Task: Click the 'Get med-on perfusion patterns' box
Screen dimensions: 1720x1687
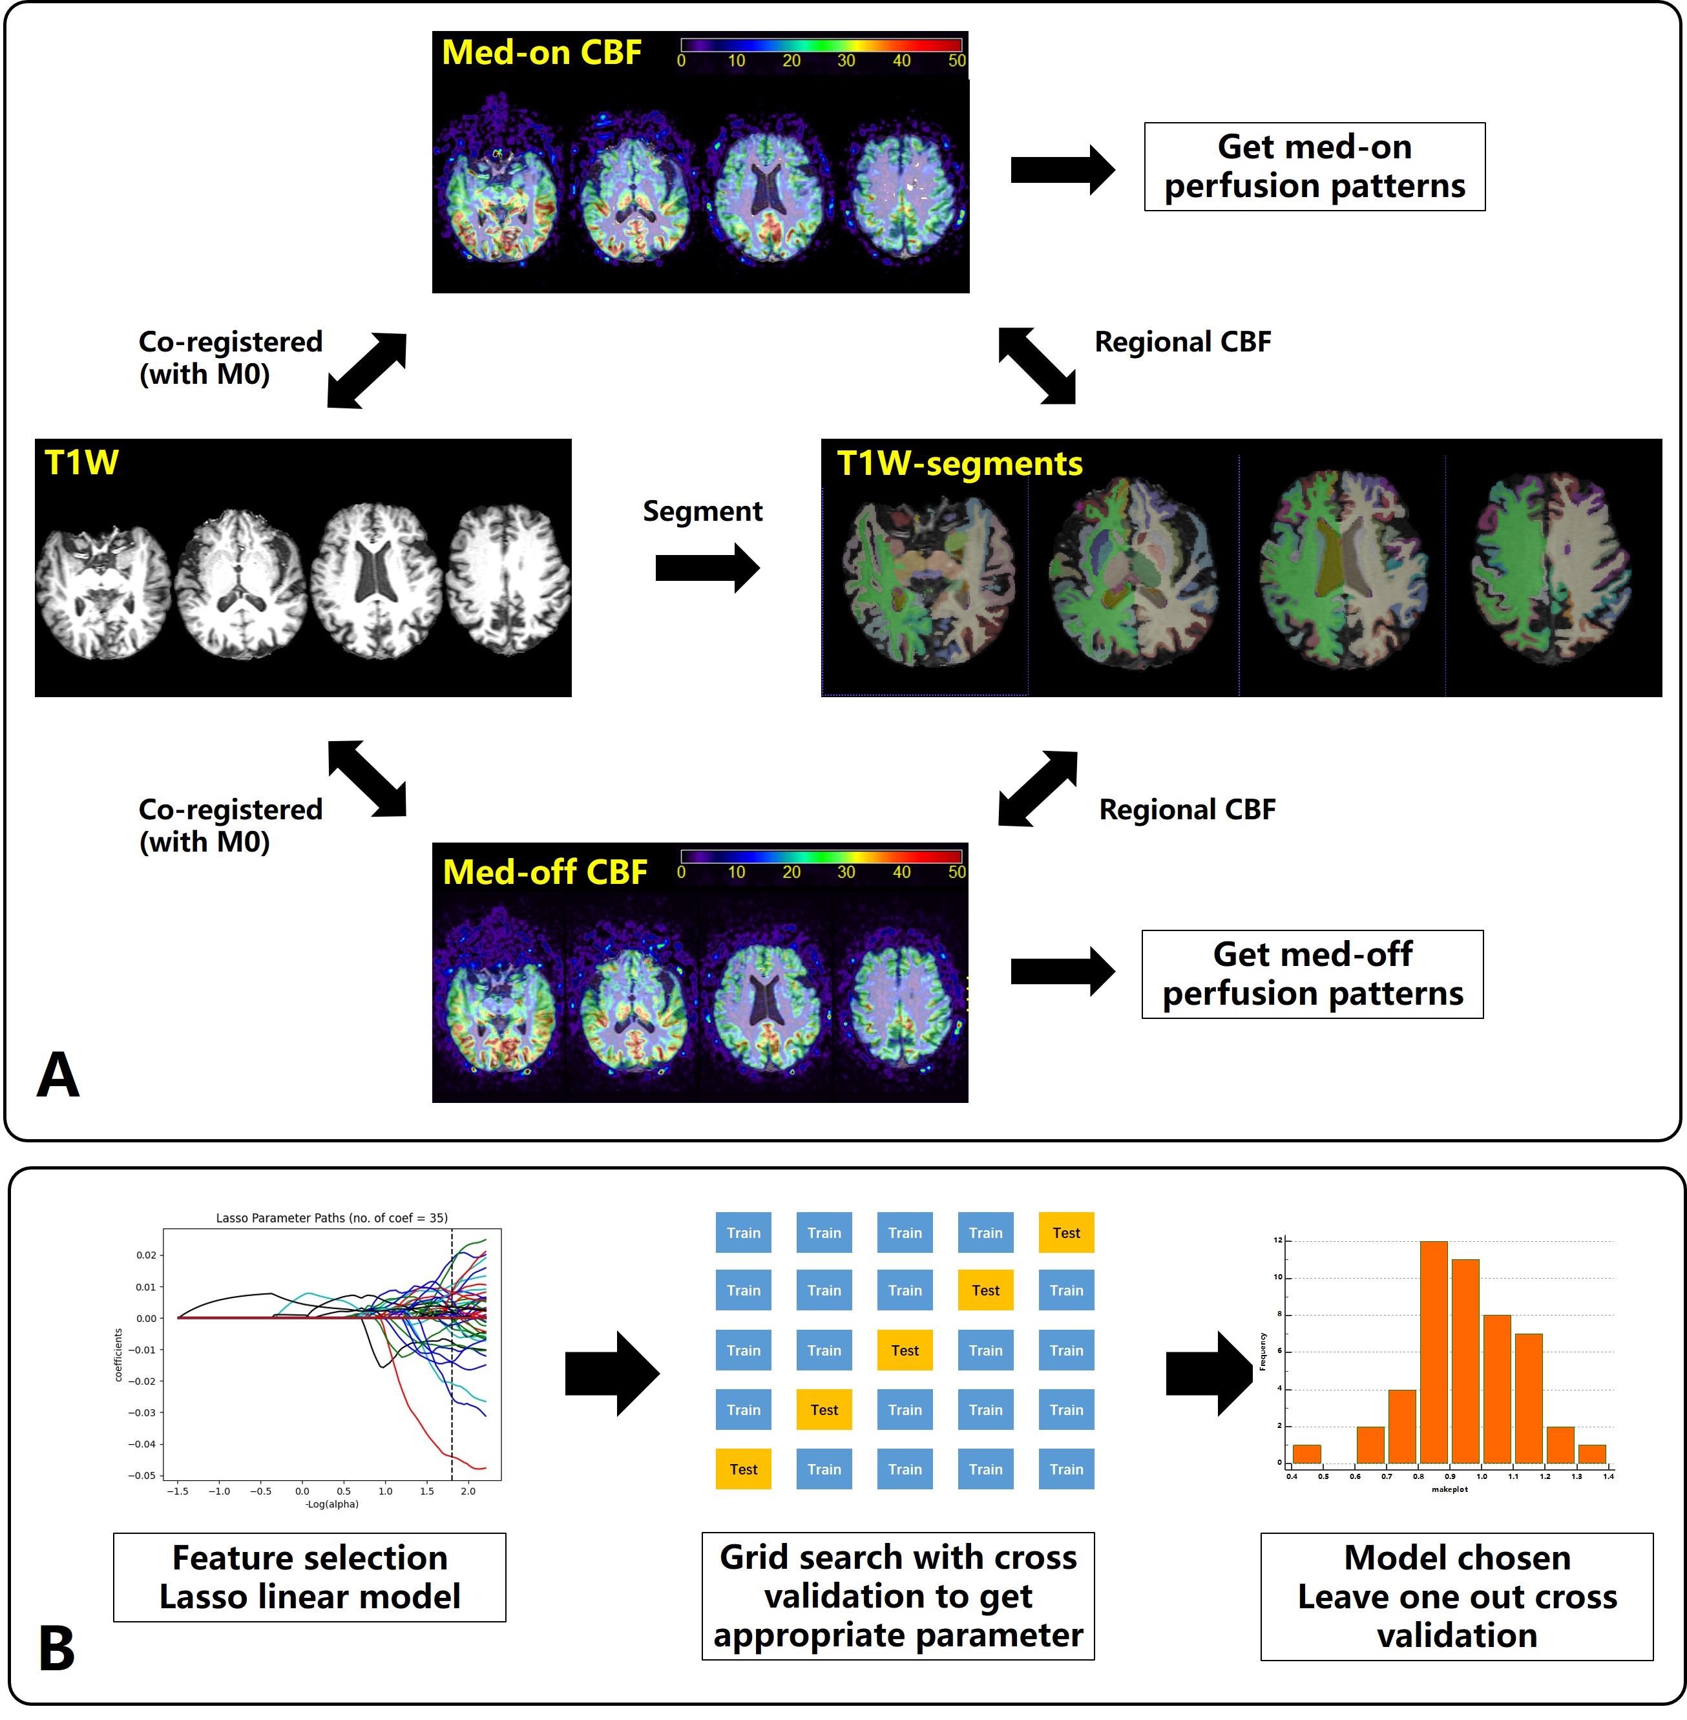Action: [x=1314, y=167]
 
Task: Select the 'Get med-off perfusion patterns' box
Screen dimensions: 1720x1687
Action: [x=1312, y=974]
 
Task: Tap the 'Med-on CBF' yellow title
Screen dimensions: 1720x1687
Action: [x=541, y=52]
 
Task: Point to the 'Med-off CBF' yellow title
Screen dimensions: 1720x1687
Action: [x=545, y=872]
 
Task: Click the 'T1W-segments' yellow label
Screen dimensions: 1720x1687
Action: [x=959, y=463]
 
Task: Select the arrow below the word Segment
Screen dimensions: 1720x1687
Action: [x=707, y=568]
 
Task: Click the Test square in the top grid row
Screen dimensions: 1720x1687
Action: [x=1066, y=1233]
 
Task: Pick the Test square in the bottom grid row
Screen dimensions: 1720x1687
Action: [x=744, y=1469]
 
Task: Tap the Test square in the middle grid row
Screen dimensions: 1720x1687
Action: [x=905, y=1350]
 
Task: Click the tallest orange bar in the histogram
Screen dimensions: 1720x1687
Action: [x=1434, y=1351]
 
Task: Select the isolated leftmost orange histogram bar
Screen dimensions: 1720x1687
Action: [x=1307, y=1453]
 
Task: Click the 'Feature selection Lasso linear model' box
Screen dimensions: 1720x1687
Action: [x=309, y=1577]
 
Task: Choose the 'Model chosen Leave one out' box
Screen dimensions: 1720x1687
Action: [x=1456, y=1596]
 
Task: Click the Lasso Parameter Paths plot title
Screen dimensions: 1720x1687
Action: [x=331, y=1217]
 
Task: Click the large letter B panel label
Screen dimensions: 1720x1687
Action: [x=57, y=1649]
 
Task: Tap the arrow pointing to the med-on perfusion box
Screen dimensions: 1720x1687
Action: [x=1062, y=169]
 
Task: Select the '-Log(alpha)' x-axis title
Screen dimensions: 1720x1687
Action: [x=331, y=1504]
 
